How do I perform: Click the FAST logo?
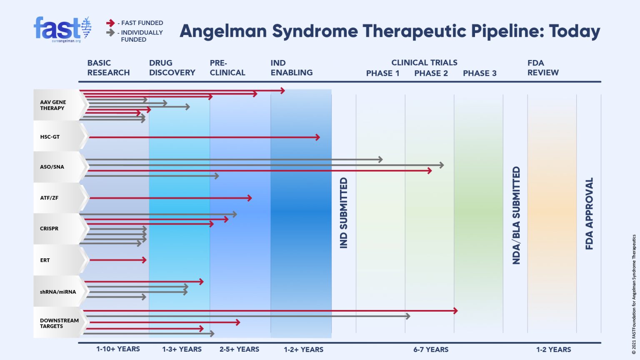click(62, 29)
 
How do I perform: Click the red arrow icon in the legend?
click(110, 23)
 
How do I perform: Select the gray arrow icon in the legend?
click(110, 32)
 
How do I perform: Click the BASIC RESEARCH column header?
click(108, 68)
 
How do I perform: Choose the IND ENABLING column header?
click(291, 68)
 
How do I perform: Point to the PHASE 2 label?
click(431, 73)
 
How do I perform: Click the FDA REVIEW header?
click(542, 68)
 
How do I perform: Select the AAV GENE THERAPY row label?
click(53, 105)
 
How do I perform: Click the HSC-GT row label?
click(50, 137)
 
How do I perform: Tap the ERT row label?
click(45, 260)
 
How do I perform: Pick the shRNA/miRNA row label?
click(58, 292)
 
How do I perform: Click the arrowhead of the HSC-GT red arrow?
click(318, 137)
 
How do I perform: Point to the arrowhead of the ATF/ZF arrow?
click(250, 198)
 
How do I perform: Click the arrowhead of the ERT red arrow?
click(145, 260)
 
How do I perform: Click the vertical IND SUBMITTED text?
click(344, 213)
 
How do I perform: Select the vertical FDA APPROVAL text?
click(589, 214)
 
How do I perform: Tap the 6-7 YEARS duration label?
click(431, 350)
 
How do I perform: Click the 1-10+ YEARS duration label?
click(118, 349)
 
